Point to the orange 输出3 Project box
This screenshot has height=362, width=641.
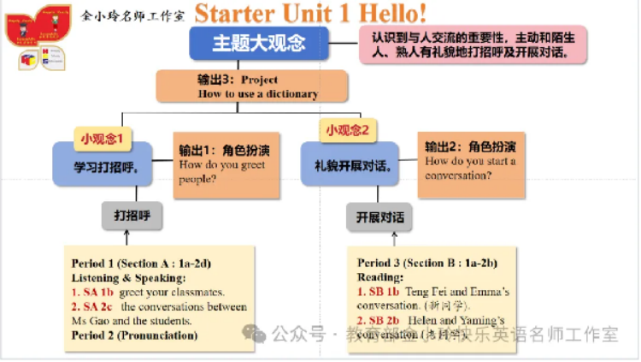click(x=252, y=86)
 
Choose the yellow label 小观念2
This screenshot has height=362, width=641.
click(x=348, y=131)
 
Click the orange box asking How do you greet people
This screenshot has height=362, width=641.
click(x=226, y=164)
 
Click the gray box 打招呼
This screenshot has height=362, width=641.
click(x=132, y=216)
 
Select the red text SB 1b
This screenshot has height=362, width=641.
click(x=375, y=292)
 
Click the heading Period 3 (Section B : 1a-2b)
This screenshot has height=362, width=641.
click(x=427, y=263)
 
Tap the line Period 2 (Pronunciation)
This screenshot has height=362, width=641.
click(x=134, y=335)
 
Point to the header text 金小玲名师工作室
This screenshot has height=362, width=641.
click(x=133, y=15)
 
